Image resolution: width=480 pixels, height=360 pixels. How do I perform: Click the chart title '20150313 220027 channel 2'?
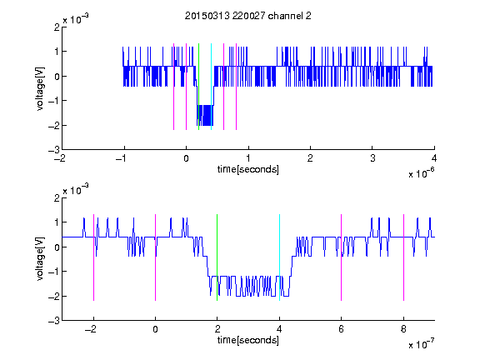pyautogui.click(x=248, y=16)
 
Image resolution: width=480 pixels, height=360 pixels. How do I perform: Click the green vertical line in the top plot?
pyautogui.click(x=198, y=87)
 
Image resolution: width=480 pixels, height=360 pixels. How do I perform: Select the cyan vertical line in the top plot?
pyautogui.click(x=211, y=87)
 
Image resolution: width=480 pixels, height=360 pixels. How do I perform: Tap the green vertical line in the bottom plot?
pyautogui.click(x=217, y=257)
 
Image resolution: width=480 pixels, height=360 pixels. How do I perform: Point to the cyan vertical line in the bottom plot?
pyautogui.click(x=279, y=257)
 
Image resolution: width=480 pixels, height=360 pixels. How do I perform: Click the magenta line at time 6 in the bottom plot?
pyautogui.click(x=342, y=257)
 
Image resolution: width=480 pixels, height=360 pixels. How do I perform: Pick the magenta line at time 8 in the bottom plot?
pyautogui.click(x=404, y=257)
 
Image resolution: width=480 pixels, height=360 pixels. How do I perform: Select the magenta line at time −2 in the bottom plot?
pyautogui.click(x=93, y=257)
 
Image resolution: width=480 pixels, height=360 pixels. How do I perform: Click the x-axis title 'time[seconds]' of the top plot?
pyautogui.click(x=248, y=169)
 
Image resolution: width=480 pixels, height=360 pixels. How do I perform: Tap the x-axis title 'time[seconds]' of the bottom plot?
pyautogui.click(x=248, y=340)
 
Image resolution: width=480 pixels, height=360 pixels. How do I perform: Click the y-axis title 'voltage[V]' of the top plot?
pyautogui.click(x=40, y=88)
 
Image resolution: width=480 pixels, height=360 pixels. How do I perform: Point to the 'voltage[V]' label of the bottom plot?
pyautogui.click(x=40, y=259)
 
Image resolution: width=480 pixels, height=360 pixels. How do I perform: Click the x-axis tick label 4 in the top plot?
pyautogui.click(x=434, y=158)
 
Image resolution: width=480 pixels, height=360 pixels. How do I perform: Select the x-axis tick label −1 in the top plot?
pyautogui.click(x=121, y=158)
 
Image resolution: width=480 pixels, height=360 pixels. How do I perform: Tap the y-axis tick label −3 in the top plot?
pyautogui.click(x=54, y=150)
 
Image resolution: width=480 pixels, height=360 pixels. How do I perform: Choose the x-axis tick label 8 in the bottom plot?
pyautogui.click(x=403, y=329)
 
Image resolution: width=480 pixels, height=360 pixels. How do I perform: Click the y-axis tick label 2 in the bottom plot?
pyautogui.click(x=57, y=198)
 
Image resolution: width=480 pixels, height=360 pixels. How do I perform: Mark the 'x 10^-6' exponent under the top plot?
pyautogui.click(x=421, y=173)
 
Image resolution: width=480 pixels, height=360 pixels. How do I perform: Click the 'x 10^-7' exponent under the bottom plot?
pyautogui.click(x=421, y=344)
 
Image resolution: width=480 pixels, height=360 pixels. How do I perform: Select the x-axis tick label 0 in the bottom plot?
pyautogui.click(x=156, y=329)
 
